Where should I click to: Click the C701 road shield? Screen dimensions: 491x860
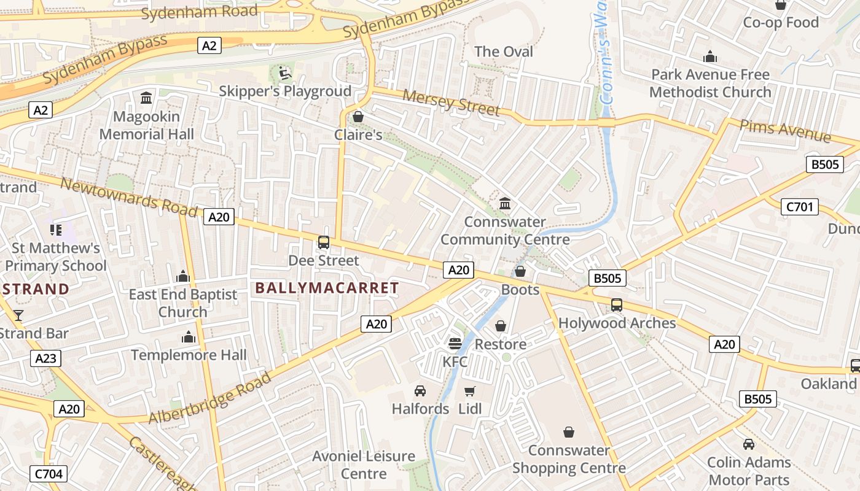[x=800, y=207]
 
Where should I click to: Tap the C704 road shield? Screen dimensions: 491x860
[x=48, y=473]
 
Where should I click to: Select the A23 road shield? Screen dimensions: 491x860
[x=46, y=358]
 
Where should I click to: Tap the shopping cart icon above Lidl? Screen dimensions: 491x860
[x=470, y=391]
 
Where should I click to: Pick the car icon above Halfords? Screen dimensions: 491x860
[x=420, y=390]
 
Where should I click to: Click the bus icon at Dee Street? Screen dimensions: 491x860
[x=324, y=242]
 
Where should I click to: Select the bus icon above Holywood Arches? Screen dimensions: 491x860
[x=617, y=304]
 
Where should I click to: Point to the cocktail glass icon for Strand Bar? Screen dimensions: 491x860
[x=18, y=315]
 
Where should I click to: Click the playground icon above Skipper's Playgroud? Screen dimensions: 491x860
[x=285, y=73]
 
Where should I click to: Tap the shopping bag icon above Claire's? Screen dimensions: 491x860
[x=358, y=116]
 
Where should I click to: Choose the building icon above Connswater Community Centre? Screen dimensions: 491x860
[x=505, y=203]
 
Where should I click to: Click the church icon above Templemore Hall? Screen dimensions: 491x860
[x=189, y=337]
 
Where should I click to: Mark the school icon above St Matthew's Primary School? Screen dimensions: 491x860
[x=56, y=230]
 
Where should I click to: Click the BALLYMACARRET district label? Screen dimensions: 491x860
[x=327, y=287]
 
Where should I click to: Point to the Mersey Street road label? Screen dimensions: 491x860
[x=451, y=102]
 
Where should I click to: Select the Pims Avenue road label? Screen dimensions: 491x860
[x=785, y=131]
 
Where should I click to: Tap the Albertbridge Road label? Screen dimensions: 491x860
[x=209, y=398]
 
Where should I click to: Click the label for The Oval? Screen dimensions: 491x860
[x=504, y=52]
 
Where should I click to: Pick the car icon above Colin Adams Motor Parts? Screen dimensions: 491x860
[x=748, y=444]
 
